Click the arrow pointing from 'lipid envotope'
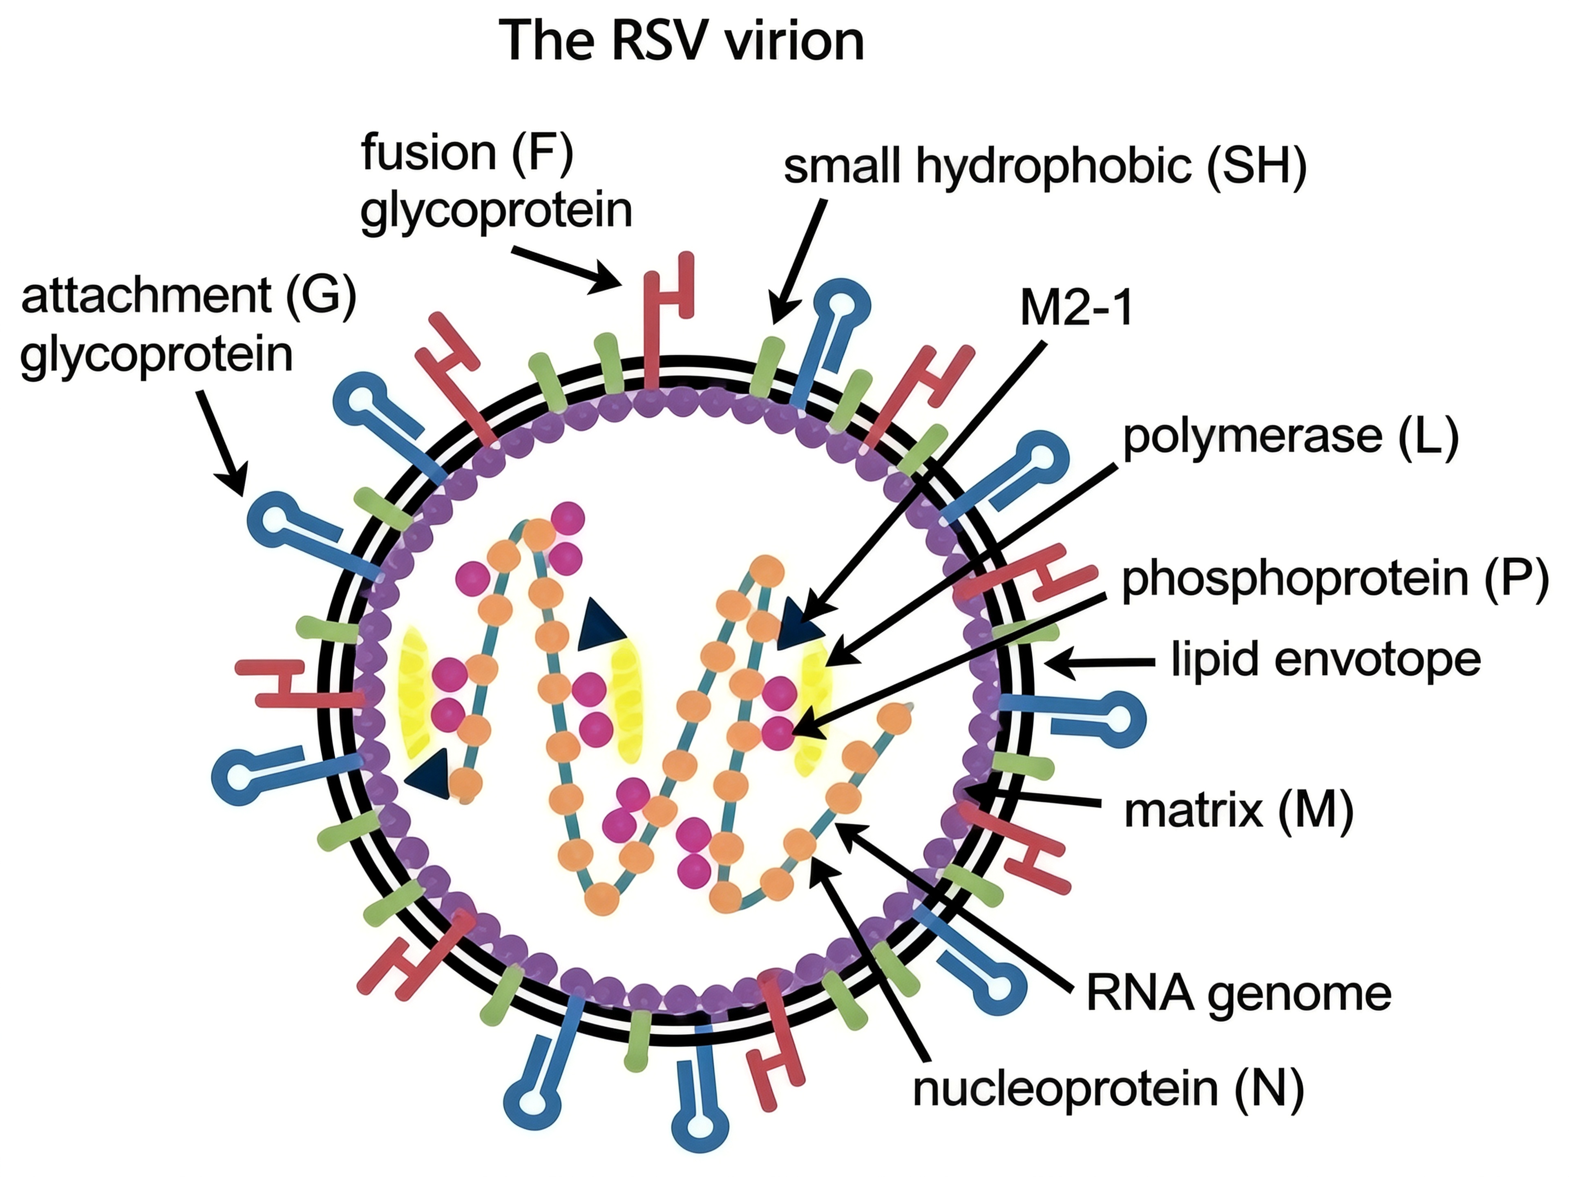tap(1100, 662)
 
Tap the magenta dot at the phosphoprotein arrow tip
tap(778, 731)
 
